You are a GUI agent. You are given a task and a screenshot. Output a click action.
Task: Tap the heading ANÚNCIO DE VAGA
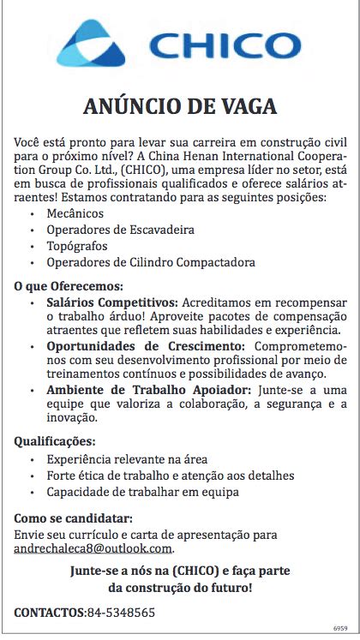(x=180, y=107)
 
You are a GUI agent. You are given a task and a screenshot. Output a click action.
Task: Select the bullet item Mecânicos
(x=75, y=213)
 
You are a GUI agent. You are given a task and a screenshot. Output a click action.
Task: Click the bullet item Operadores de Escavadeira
(x=121, y=230)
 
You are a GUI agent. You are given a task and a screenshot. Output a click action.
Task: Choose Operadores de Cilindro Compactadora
(x=139, y=262)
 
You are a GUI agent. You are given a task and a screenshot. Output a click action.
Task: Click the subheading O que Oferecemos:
(x=69, y=286)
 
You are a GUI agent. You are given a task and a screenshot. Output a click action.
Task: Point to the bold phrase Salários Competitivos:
(x=111, y=303)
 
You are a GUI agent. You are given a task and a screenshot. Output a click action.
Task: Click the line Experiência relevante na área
(x=127, y=459)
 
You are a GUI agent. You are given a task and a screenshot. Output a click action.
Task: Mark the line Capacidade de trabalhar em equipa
(x=143, y=492)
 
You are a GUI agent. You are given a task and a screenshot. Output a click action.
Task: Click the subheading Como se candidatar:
(x=74, y=517)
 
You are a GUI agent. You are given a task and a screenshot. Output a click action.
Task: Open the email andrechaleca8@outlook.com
(x=93, y=548)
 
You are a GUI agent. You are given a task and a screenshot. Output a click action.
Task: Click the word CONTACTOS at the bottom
(x=50, y=613)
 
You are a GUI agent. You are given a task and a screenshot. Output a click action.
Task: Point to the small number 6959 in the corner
(x=340, y=627)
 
